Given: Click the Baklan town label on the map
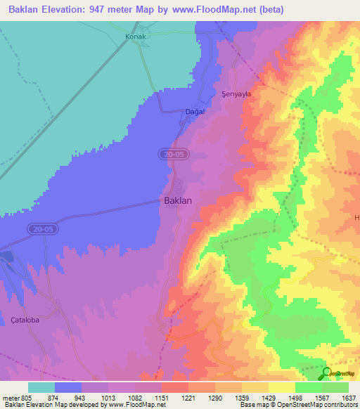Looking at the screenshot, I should point(178,200).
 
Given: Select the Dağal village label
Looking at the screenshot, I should point(194,112).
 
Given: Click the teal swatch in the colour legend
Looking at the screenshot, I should point(41,387).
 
